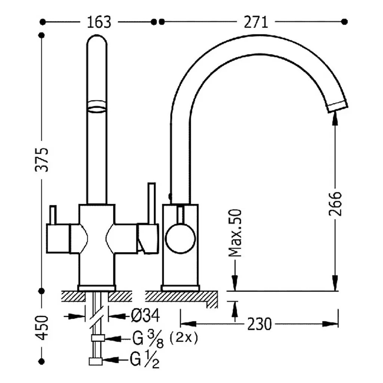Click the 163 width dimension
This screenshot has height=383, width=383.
pyautogui.click(x=99, y=22)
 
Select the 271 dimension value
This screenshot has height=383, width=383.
pyautogui.click(x=256, y=22)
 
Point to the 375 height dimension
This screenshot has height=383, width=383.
pyautogui.click(x=42, y=160)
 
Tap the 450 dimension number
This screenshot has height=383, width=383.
pyautogui.click(x=42, y=328)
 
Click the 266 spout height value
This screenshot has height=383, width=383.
pyautogui.click(x=335, y=204)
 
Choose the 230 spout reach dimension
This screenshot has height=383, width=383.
pyautogui.click(x=260, y=324)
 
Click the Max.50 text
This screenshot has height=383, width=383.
pyautogui.click(x=235, y=233)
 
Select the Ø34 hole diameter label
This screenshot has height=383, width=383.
pyautogui.click(x=145, y=315)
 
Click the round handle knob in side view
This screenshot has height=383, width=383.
pyautogui.click(x=180, y=238)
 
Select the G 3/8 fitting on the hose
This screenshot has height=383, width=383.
pyautogui.click(x=98, y=338)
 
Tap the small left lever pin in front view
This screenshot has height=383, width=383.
pyautogui.click(x=53, y=215)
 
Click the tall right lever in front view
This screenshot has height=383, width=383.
pyautogui.click(x=151, y=203)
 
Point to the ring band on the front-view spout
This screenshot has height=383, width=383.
pyautogui.click(x=97, y=106)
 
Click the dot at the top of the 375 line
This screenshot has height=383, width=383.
pyautogui.click(x=42, y=35)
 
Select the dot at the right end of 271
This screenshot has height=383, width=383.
pyautogui.click(x=344, y=22)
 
